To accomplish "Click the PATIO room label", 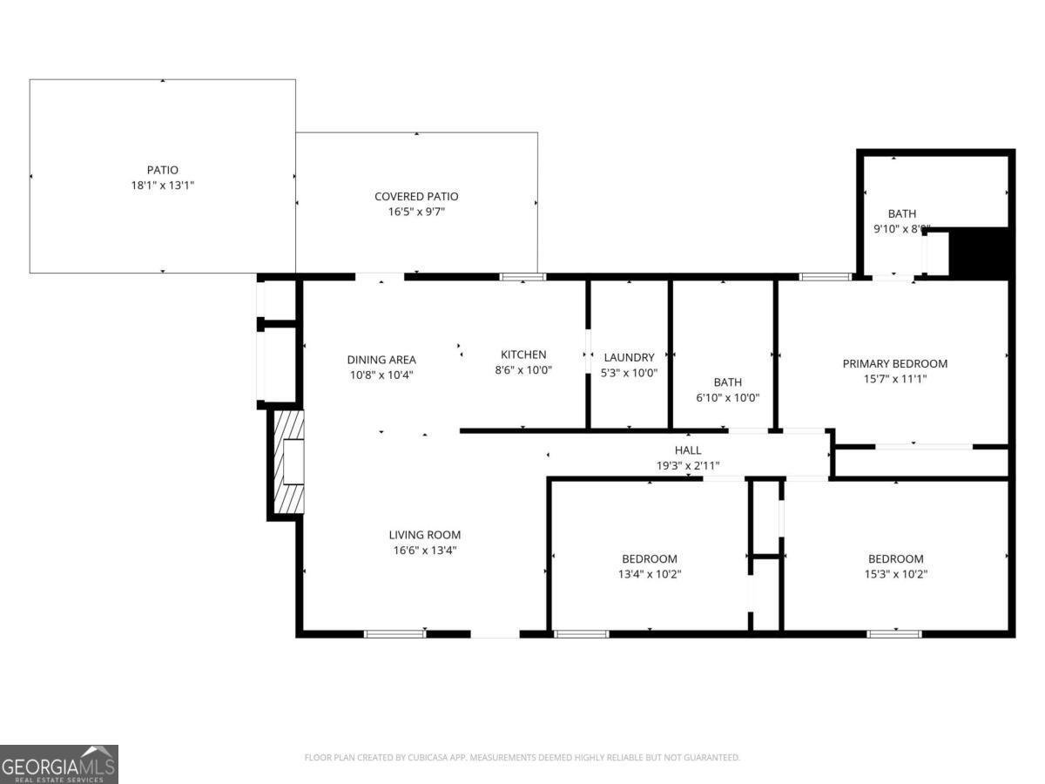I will click(x=162, y=170).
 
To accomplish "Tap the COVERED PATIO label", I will click(x=416, y=196).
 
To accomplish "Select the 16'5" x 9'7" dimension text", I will click(x=416, y=212).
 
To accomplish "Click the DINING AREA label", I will click(x=381, y=359).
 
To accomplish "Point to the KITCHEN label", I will click(x=523, y=355).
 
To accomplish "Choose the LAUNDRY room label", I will click(x=629, y=357).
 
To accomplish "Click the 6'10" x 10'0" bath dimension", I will click(x=728, y=397).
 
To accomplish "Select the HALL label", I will click(x=688, y=450).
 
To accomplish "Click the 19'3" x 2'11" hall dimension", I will click(x=688, y=466).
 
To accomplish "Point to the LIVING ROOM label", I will click(x=424, y=535).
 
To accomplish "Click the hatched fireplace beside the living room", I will click(x=289, y=462).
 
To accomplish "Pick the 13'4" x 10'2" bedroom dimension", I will click(x=649, y=574).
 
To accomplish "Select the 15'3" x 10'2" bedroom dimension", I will click(x=895, y=574).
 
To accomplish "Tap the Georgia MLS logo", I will click(x=59, y=764).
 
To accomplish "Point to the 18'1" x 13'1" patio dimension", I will click(x=162, y=186).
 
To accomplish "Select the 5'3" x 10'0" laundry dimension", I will click(x=629, y=373).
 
